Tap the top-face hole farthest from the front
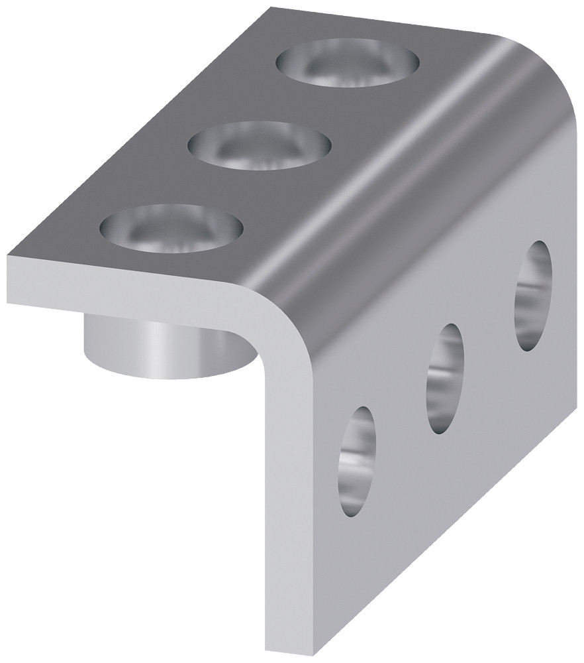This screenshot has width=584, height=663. [x=348, y=62]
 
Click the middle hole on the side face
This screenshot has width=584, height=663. [x=446, y=378]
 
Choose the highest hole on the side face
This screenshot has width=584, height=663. [x=533, y=295]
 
